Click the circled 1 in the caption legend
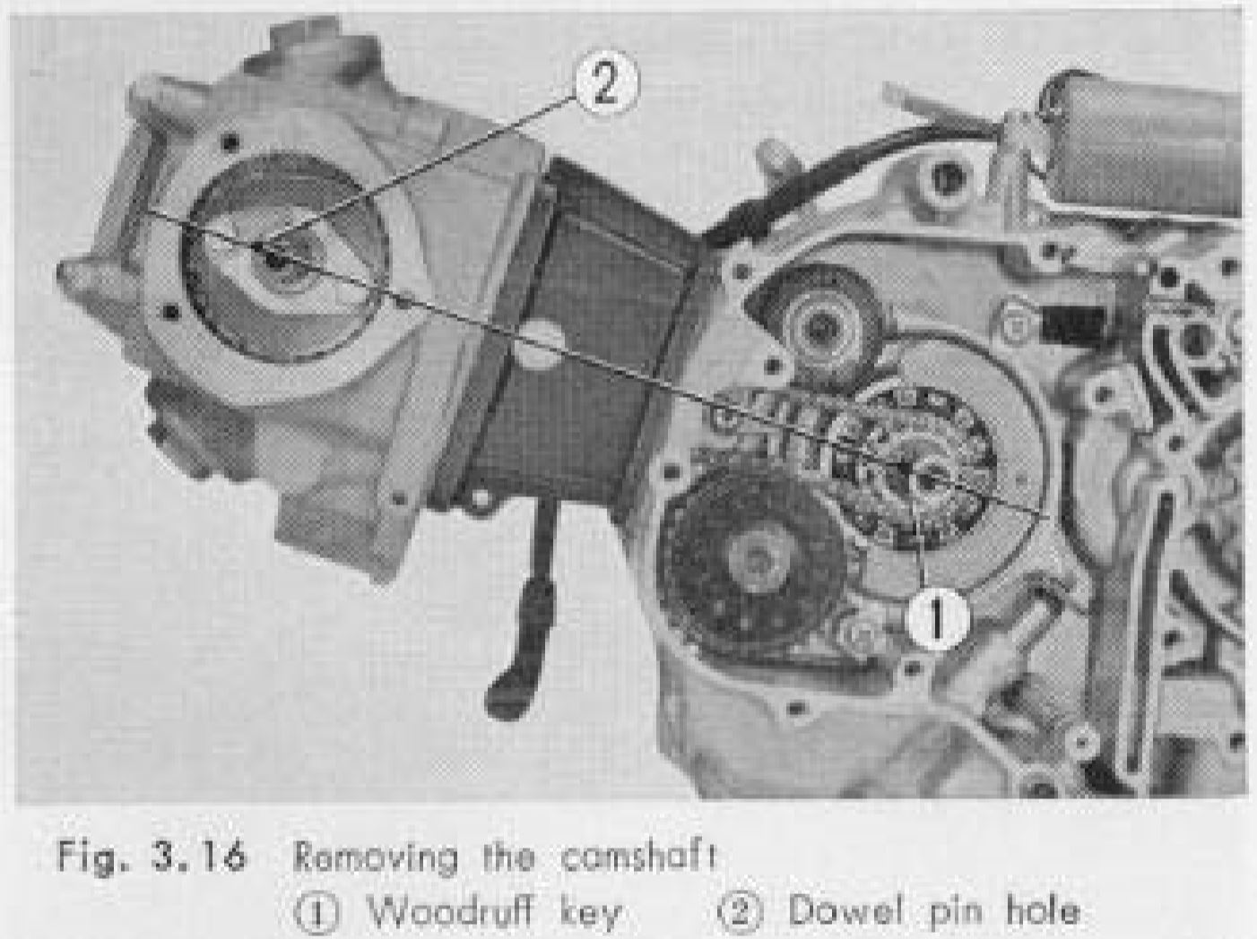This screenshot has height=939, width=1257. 316,912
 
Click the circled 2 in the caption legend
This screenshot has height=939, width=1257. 741,912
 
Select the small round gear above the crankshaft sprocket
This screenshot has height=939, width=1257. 819,332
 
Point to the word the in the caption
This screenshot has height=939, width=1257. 508,857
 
